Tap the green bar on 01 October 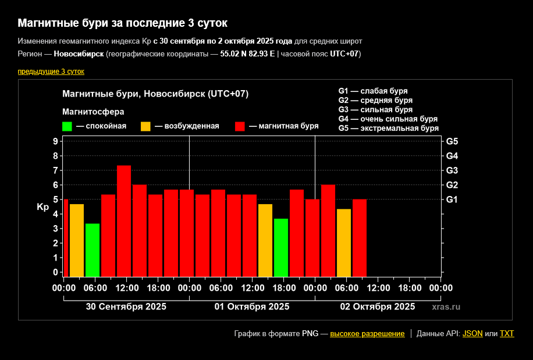tap(281, 247)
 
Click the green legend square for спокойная tap(67, 126)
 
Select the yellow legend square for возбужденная tap(145, 126)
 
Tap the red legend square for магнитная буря tap(239, 126)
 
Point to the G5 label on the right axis tap(452, 141)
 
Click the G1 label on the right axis tap(452, 199)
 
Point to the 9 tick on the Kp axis tap(55, 141)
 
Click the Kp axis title tap(42, 207)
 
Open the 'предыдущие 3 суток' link tap(51, 72)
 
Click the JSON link tap(472, 334)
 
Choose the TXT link tap(507, 334)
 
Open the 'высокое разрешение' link tap(367, 334)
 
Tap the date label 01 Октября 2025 tap(252, 306)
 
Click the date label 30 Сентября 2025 tap(126, 306)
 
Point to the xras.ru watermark tap(446, 306)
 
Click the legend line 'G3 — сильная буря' tap(375, 109)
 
